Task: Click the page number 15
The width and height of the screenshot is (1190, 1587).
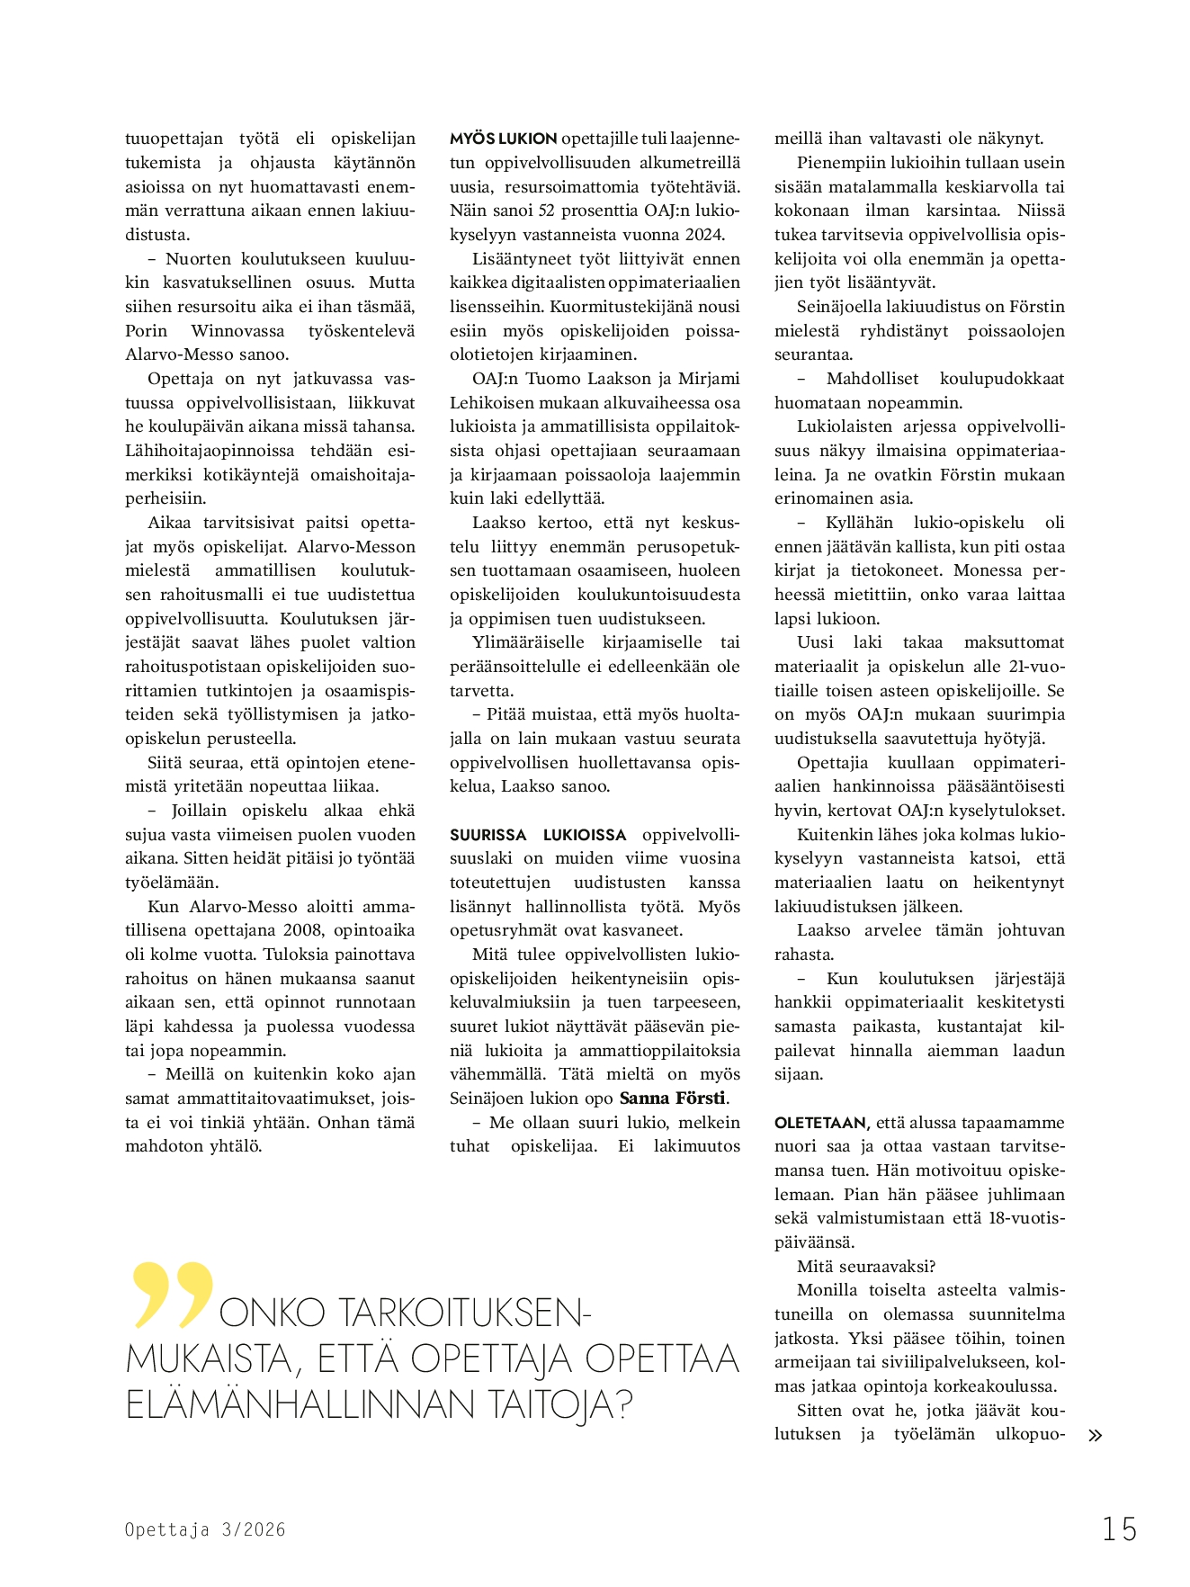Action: pos(1120,1529)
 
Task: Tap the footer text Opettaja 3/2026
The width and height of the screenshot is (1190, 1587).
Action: pos(205,1529)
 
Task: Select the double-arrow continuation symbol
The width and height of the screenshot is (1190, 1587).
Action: pos(1095,1436)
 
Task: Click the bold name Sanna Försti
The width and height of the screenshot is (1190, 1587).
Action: pos(673,1098)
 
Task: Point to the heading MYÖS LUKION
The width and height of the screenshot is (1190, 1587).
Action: pos(503,139)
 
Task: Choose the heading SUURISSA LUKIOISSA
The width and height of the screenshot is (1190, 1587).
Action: pos(538,835)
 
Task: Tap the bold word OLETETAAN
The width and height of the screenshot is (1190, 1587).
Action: pos(820,1123)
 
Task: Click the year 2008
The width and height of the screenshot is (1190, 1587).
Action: pos(303,930)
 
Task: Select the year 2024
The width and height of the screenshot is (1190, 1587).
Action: pos(703,235)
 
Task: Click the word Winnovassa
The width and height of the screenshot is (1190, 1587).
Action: pos(237,331)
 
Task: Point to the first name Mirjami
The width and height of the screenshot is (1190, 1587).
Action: pos(709,379)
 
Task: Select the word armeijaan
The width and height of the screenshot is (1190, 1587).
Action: pos(814,1362)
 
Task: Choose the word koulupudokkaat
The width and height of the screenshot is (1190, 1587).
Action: pos(1001,379)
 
